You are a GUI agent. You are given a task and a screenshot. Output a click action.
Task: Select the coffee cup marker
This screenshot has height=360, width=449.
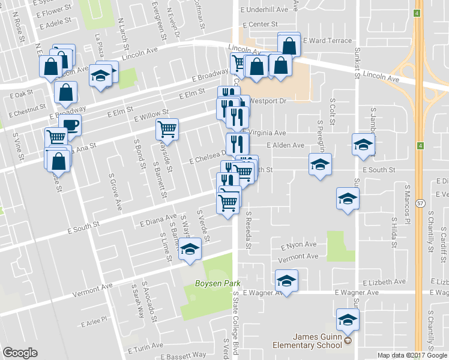[70, 125]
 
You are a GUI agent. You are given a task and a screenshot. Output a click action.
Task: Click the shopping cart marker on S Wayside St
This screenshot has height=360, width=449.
[167, 128]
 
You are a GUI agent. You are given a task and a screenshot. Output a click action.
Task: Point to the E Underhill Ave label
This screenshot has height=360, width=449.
[265, 10]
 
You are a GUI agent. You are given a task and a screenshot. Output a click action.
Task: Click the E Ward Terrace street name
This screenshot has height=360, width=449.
[327, 41]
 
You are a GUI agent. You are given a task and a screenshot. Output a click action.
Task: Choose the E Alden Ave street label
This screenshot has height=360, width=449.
[285, 145]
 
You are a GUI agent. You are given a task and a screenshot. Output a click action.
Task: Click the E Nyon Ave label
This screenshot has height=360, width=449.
[298, 245]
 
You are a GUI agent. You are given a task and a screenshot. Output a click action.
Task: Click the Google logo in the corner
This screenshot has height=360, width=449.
[20, 353]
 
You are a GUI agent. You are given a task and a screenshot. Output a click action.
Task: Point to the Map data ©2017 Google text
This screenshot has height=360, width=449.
[411, 355]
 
